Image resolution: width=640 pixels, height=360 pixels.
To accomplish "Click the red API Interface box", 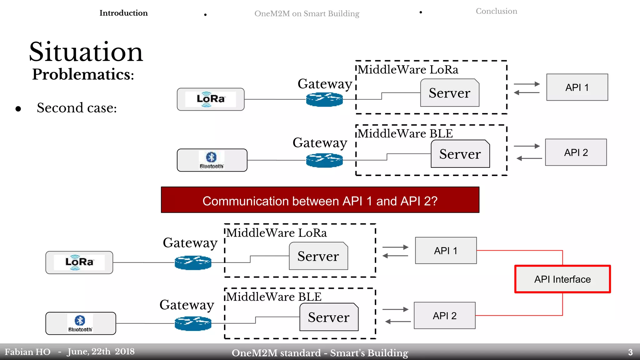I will click(x=562, y=279).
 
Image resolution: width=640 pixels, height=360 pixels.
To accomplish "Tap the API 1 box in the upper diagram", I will click(x=577, y=87).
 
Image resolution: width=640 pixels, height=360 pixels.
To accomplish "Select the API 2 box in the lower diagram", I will click(x=444, y=316).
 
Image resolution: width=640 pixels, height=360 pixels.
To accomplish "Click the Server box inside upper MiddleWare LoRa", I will click(x=449, y=93).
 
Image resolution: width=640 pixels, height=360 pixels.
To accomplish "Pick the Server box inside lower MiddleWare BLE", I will click(x=329, y=317).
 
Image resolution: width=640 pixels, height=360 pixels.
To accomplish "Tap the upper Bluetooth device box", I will click(x=212, y=160).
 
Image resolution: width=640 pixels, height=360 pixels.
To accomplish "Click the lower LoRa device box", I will click(x=79, y=262).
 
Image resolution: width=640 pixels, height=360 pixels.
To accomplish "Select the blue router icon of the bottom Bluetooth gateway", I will click(x=193, y=323).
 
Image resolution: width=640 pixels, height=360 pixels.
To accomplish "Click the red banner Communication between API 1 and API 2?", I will click(x=320, y=200).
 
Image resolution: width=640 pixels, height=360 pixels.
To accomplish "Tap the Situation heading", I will click(x=86, y=52).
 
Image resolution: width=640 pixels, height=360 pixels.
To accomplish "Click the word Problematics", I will click(x=83, y=74).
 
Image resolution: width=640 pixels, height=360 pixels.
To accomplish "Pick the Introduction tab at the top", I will click(x=123, y=13).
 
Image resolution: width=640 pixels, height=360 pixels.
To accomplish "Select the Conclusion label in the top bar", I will click(x=496, y=11).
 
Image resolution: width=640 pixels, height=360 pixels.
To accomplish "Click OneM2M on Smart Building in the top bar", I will click(x=307, y=14).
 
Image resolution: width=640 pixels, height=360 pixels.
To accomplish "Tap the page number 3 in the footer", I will click(x=630, y=352).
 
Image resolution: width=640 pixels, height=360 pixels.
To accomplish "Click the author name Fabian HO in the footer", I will click(x=27, y=352).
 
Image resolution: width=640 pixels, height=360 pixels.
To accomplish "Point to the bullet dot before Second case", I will click(x=18, y=109).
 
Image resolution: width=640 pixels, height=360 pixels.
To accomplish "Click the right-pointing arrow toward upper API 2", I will click(x=527, y=146).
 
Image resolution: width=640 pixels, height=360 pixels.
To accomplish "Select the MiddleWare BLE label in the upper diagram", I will click(x=405, y=134).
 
